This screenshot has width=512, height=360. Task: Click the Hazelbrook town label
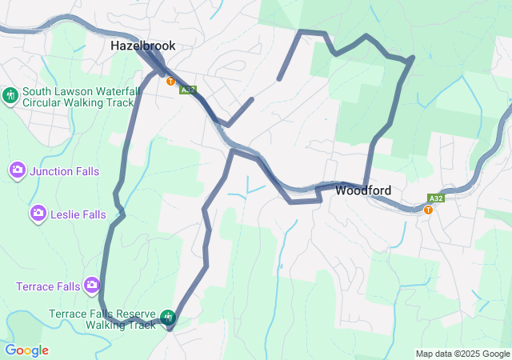click(142, 46)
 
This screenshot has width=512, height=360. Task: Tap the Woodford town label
click(363, 190)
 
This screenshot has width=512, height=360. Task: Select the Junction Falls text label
click(67, 170)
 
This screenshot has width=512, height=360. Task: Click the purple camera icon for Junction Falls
click(18, 170)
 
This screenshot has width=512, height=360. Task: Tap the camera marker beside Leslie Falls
click(38, 214)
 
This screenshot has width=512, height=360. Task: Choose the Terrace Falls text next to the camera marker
click(48, 286)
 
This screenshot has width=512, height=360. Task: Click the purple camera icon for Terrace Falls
click(92, 285)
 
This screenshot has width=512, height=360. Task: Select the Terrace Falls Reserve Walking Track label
click(102, 319)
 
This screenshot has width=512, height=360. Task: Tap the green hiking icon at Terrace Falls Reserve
click(168, 318)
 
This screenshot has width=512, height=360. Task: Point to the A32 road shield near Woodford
click(435, 198)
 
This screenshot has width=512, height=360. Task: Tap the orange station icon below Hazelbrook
click(170, 81)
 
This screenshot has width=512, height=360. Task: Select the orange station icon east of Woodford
click(429, 210)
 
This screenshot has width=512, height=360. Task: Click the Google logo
click(26, 350)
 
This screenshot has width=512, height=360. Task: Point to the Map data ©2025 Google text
click(462, 354)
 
